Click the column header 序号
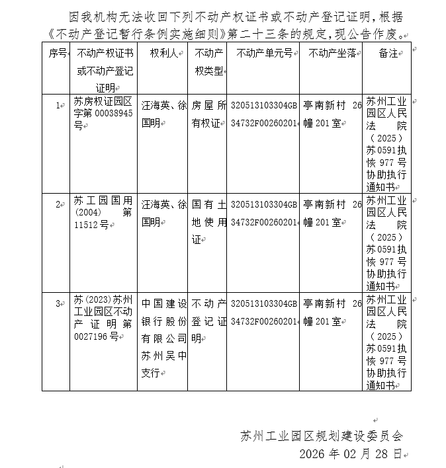point(56,54)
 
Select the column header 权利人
point(163,54)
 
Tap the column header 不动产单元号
point(263,54)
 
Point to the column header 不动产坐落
point(332,54)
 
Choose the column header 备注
point(387,54)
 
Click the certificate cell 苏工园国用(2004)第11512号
point(103,213)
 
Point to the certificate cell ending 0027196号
point(103,319)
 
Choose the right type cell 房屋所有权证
point(208,114)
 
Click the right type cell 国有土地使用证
point(208,221)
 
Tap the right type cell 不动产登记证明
point(208,321)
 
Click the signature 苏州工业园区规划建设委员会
point(322,436)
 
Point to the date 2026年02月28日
point(350,454)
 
